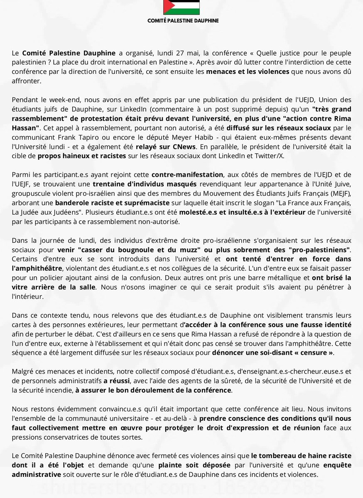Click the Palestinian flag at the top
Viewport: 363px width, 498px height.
pyautogui.click(x=181, y=7)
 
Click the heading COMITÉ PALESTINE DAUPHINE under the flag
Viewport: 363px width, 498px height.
pyautogui.click(x=181, y=20)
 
